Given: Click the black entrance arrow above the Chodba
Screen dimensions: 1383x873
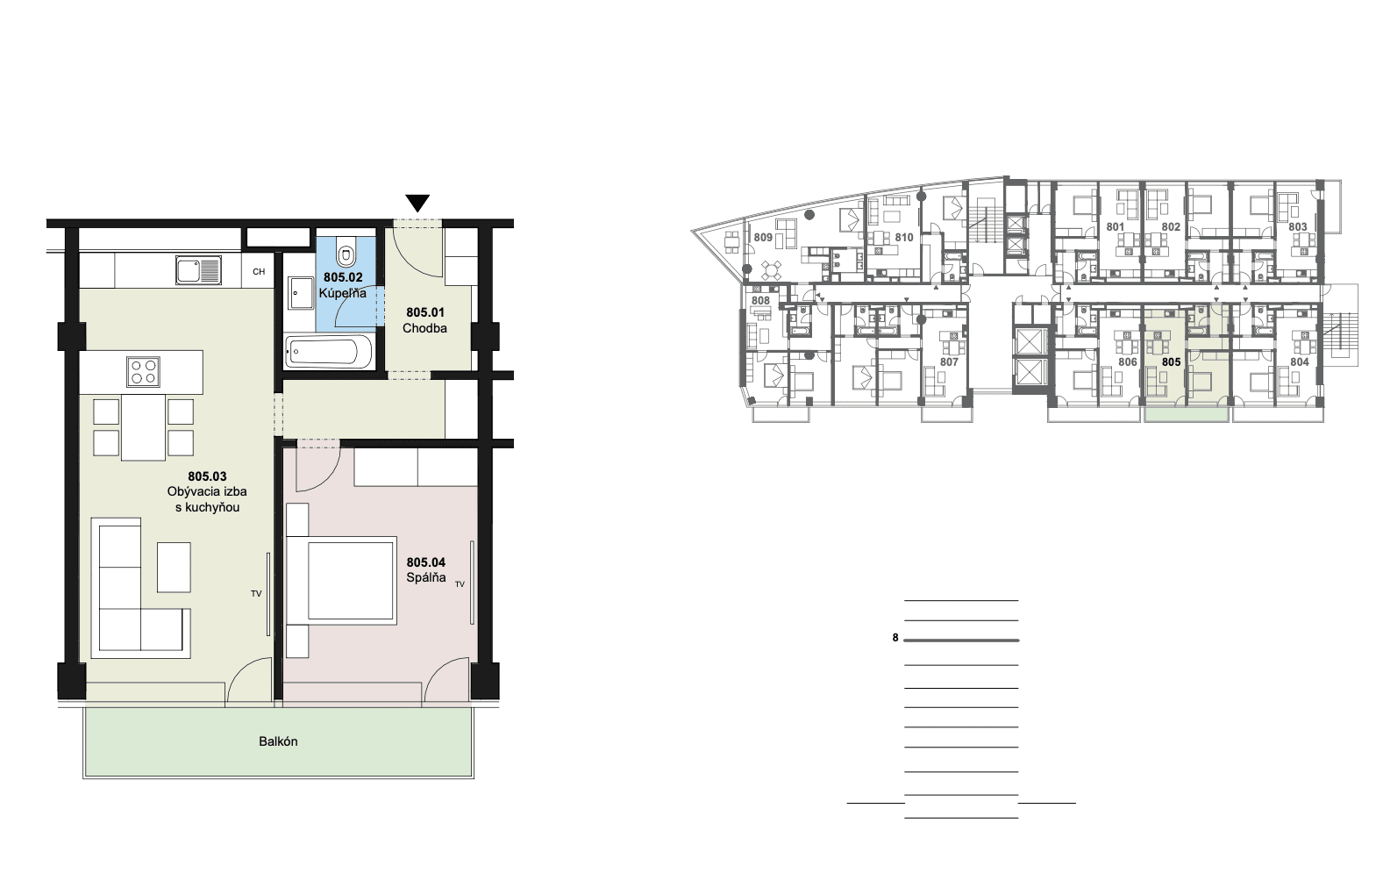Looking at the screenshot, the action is (x=417, y=203).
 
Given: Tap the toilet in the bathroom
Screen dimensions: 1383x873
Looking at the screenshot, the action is (x=346, y=251).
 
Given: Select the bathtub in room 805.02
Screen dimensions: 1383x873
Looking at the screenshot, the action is (x=329, y=351).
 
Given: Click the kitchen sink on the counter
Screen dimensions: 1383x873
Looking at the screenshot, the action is (x=198, y=270).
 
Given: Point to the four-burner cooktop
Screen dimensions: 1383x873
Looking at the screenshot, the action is (x=143, y=371).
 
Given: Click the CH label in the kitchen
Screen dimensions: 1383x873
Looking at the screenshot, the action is (x=259, y=271).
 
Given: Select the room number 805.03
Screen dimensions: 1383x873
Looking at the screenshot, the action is (x=208, y=476).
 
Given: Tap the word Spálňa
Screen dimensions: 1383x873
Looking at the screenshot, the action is (x=426, y=577).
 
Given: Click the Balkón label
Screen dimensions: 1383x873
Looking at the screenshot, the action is (x=279, y=741).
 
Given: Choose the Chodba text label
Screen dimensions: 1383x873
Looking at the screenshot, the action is (x=424, y=328).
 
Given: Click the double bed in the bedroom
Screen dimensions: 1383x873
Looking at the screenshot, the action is (x=342, y=581).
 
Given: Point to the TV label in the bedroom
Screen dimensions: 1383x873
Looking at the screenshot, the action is (x=460, y=583).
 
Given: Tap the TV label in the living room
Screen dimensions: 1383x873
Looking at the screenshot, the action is (x=256, y=594).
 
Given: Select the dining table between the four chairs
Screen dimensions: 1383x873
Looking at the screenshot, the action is (x=143, y=426).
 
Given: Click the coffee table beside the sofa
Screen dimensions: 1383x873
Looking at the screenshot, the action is (x=174, y=567).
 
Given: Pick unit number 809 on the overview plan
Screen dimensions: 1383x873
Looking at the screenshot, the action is (x=763, y=237).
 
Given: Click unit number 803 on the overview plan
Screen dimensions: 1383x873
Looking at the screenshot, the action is (x=1298, y=226).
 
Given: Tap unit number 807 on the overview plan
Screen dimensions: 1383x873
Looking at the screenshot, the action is (x=949, y=362).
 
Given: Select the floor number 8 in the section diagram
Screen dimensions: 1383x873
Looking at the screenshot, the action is (x=895, y=638).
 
